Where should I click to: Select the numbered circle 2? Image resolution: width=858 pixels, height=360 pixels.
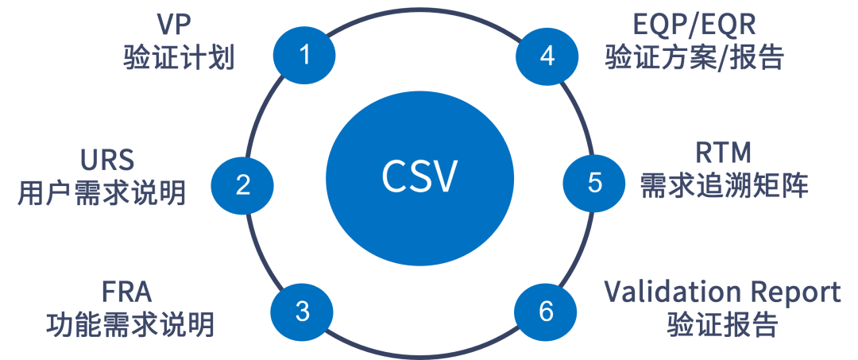tap(243, 184)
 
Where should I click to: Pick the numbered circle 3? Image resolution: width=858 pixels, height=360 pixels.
tap(302, 311)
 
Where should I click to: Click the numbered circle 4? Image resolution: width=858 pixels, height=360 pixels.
tap(547, 56)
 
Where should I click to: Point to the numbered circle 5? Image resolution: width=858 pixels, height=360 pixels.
tap(594, 182)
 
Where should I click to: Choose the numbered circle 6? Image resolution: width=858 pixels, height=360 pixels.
tap(546, 311)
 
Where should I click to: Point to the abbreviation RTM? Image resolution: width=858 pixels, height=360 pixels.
tap(725, 153)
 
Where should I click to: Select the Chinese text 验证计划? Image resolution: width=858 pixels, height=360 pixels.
tap(180, 58)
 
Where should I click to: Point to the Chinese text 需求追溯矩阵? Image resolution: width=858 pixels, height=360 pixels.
tap(725, 186)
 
